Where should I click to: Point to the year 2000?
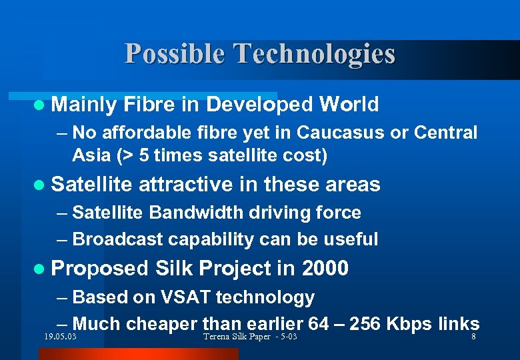(x=325, y=269)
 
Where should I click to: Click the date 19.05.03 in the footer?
(x=58, y=337)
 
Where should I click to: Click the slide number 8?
(x=473, y=337)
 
